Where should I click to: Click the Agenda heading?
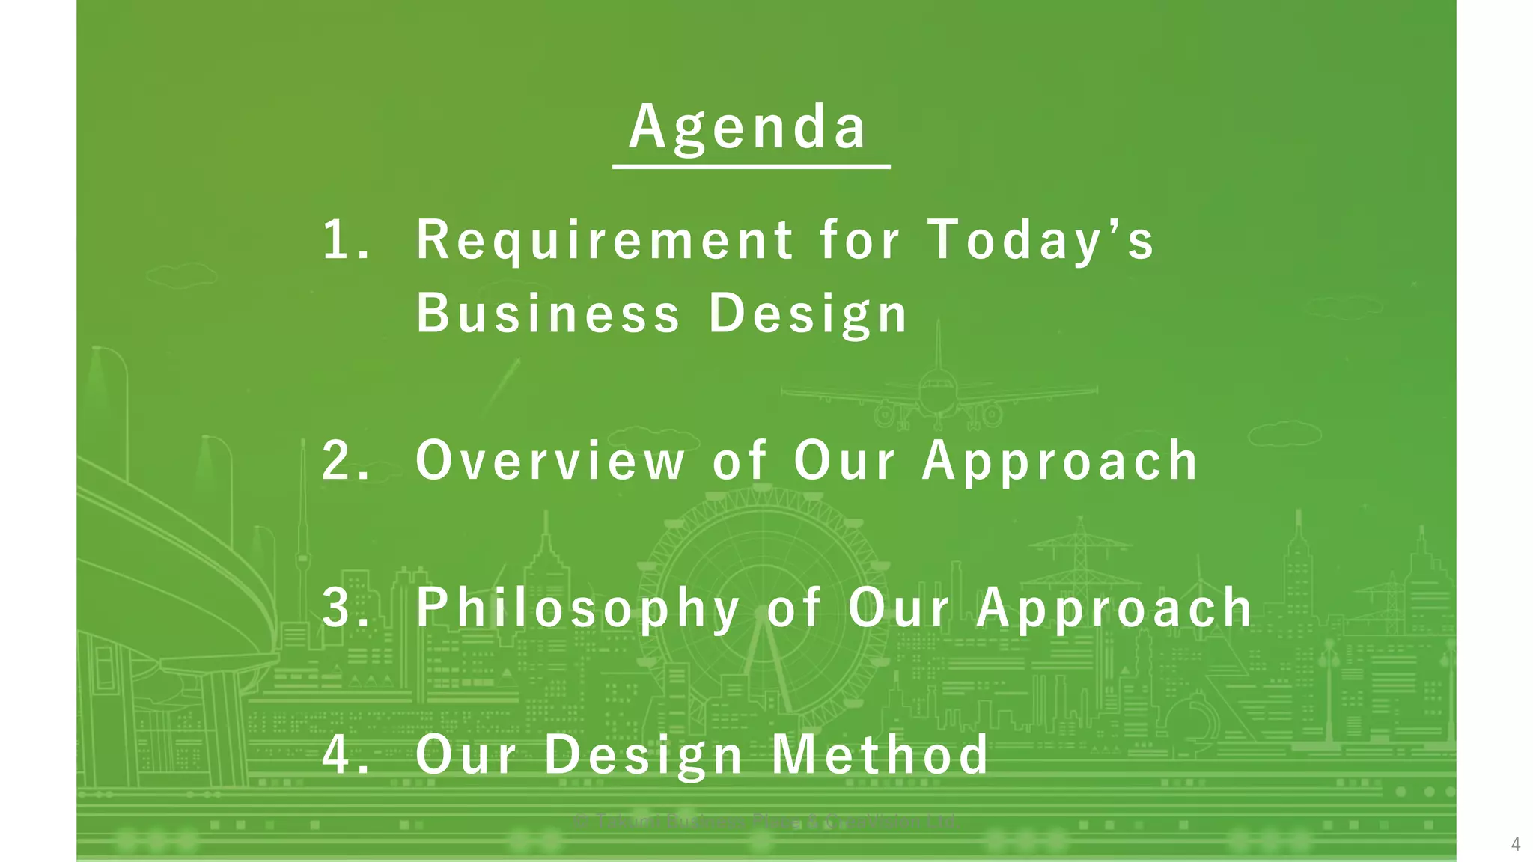click(x=749, y=127)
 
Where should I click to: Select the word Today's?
click(x=1040, y=240)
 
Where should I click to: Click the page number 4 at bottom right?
click(x=1516, y=844)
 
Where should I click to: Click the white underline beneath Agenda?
click(x=751, y=166)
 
